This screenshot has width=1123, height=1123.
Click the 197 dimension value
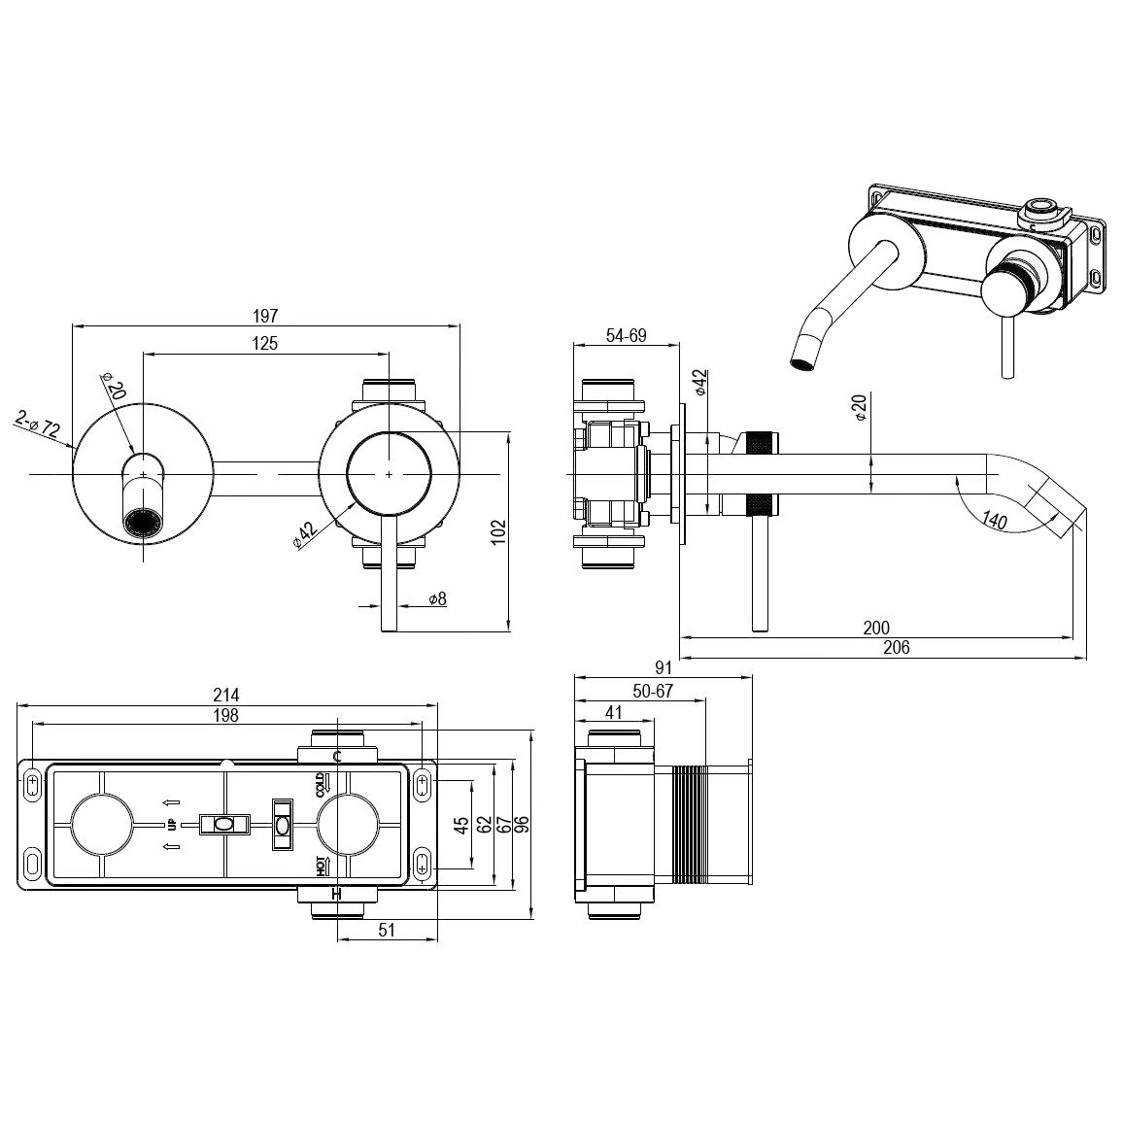point(265,316)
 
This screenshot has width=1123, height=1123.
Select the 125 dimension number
point(265,343)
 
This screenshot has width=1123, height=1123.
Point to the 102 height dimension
point(497,532)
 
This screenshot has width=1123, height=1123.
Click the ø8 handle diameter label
point(436,599)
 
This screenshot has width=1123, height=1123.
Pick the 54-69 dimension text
point(626,335)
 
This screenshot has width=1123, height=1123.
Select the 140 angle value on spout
point(995,521)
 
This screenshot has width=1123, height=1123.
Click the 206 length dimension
point(896,648)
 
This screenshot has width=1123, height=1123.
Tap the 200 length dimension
point(876,629)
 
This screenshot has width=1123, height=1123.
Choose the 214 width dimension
point(226,695)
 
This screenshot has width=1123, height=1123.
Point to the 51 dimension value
point(387,930)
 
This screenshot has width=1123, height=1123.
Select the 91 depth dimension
point(664,668)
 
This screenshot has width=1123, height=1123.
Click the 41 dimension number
point(613,712)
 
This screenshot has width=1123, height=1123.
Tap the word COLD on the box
point(323,785)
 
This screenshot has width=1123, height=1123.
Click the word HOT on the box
point(321,866)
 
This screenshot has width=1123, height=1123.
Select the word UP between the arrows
point(172,825)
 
